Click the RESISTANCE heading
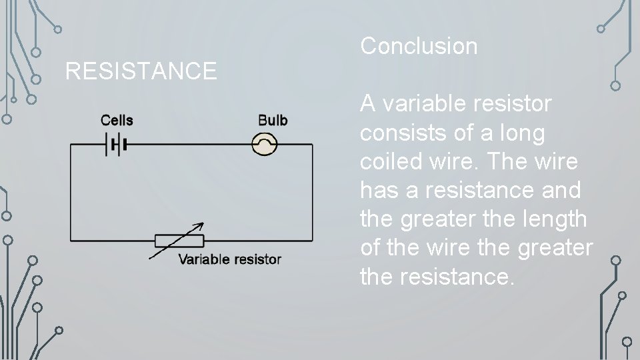pos(141,70)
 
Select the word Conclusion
pos(419,46)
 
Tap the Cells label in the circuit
pos(117,120)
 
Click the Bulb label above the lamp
pos(273,120)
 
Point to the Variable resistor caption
pos(229,259)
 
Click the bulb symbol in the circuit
pos(265,144)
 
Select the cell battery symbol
pos(115,145)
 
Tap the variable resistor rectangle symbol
pos(179,241)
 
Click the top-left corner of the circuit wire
pos(71,145)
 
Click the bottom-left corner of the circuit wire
pos(71,241)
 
